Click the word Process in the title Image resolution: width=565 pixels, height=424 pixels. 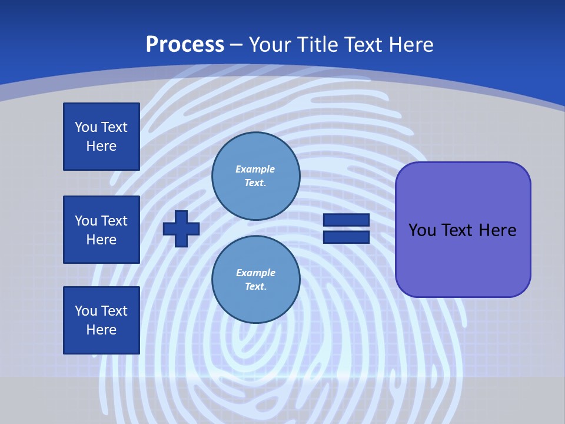click(185, 45)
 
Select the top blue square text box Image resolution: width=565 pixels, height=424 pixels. click(101, 137)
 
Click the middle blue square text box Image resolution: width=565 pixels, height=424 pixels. click(101, 230)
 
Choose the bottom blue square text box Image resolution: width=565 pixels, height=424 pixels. click(101, 320)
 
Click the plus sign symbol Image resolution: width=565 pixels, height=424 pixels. click(181, 228)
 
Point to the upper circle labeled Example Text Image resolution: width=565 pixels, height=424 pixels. click(256, 175)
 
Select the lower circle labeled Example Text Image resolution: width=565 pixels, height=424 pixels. click(256, 279)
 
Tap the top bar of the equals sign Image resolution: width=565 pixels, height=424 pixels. click(346, 220)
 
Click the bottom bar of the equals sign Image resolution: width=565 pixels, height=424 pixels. click(346, 237)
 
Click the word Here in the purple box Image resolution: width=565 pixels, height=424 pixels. click(497, 230)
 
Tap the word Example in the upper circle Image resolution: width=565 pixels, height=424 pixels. click(255, 169)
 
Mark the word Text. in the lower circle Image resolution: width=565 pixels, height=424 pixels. click(255, 287)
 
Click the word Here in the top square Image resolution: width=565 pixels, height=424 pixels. click(101, 146)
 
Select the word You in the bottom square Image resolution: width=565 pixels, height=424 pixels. click(86, 311)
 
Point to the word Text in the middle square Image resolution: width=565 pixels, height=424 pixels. click(114, 221)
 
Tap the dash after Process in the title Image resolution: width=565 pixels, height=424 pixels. click(237, 45)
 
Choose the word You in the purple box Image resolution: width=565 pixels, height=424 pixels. click(422, 230)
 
